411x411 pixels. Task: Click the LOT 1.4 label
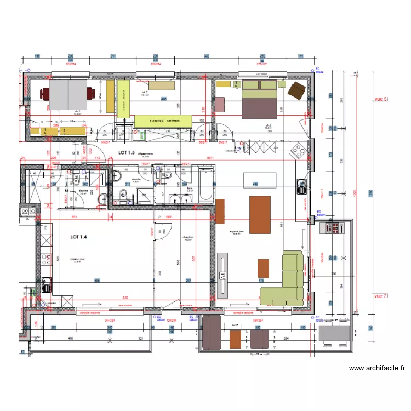(x=78, y=237)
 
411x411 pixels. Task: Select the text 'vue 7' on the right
(x=381, y=296)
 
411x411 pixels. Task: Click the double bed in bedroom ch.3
(x=260, y=99)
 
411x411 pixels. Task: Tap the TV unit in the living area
(x=222, y=275)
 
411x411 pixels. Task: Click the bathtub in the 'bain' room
(x=206, y=185)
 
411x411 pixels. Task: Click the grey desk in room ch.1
(x=68, y=94)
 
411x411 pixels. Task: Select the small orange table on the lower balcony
(x=236, y=339)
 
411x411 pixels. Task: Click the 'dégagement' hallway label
(x=145, y=154)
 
